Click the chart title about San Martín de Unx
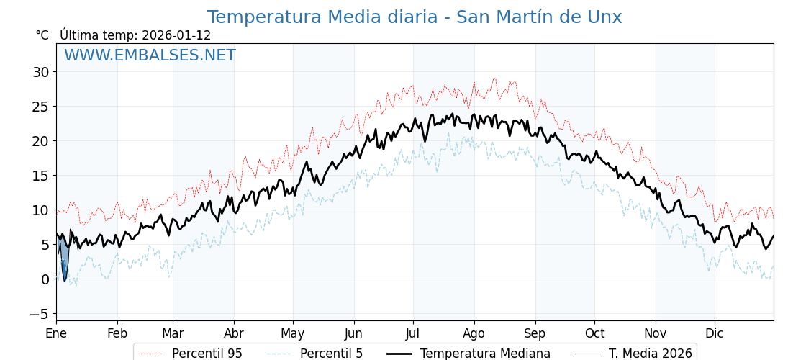(x=414, y=17)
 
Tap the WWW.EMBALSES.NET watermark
(x=150, y=55)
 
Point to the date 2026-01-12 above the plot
(x=176, y=35)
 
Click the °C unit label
(x=42, y=35)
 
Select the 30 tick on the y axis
(x=40, y=72)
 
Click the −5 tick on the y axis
(x=39, y=314)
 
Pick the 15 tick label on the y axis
(x=40, y=176)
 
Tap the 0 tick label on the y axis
(x=45, y=279)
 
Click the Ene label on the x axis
(x=56, y=333)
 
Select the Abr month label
(x=234, y=333)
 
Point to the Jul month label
(x=413, y=333)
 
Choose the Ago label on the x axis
(x=474, y=333)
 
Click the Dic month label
(x=715, y=333)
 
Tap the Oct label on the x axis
(x=594, y=333)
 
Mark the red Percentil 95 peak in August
(x=494, y=78)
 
